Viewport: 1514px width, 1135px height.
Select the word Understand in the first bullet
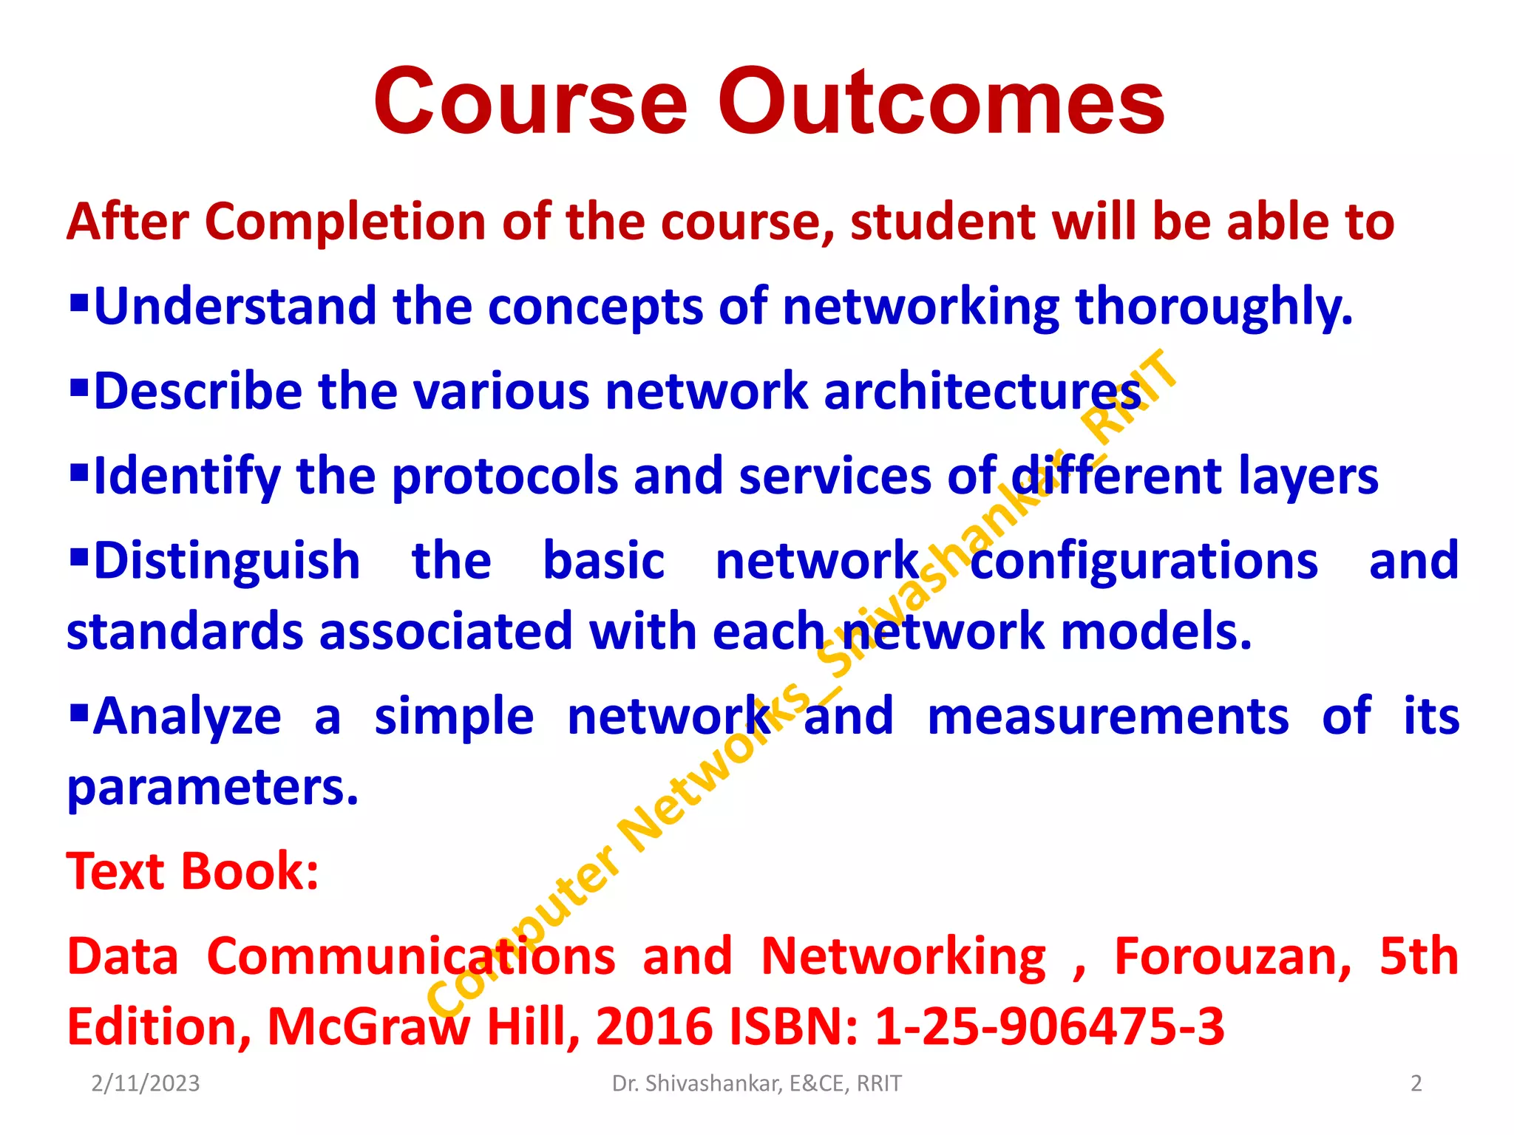tap(235, 307)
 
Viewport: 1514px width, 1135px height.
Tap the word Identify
tap(186, 477)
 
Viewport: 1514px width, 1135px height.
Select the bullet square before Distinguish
tap(78, 554)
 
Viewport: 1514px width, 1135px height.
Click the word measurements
tap(1108, 717)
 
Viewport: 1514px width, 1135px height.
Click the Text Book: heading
tap(192, 872)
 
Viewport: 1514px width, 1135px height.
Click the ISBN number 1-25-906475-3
tap(1049, 1027)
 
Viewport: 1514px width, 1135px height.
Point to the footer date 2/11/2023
tap(146, 1083)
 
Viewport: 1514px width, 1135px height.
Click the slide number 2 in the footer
tap(1416, 1083)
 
